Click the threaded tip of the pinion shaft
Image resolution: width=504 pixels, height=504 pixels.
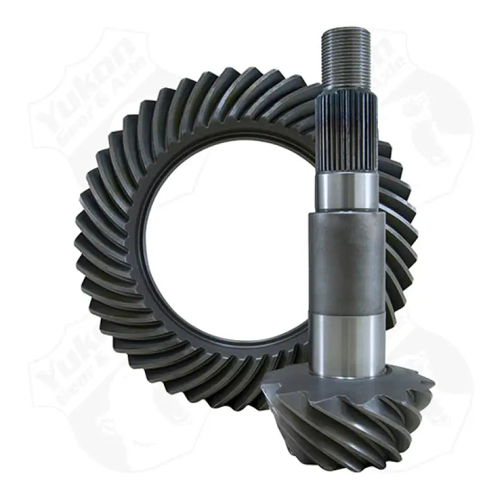point(346,57)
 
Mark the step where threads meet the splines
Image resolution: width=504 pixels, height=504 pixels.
point(346,88)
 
